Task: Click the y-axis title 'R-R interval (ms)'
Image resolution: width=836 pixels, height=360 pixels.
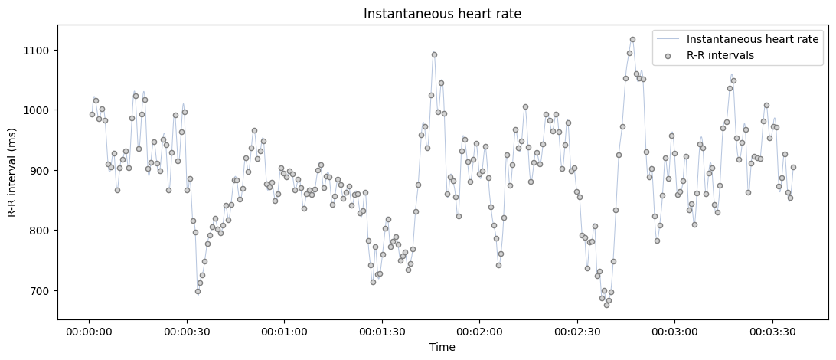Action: tap(13, 172)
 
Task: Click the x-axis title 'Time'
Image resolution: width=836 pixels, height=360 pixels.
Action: tap(442, 347)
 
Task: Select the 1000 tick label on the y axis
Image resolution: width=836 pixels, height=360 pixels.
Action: tap(37, 110)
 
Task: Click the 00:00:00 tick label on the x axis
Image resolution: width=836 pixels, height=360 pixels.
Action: tap(89, 332)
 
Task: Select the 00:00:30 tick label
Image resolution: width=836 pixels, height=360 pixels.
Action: tap(187, 332)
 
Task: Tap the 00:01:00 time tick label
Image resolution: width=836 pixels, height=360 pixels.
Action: tap(284, 332)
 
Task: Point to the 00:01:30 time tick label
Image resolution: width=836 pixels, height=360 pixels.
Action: tap(382, 332)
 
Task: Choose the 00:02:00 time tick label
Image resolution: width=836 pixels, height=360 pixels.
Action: tap(479, 332)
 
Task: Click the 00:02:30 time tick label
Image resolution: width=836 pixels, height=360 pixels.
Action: tap(576, 332)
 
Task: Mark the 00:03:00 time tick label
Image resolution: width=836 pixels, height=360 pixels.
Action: tap(674, 332)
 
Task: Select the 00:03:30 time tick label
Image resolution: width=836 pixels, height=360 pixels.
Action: tap(772, 332)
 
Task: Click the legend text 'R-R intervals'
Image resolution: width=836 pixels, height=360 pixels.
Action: tap(720, 55)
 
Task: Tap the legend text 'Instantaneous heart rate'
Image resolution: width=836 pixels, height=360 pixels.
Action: tap(753, 39)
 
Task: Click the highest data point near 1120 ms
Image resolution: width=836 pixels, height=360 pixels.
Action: tap(632, 39)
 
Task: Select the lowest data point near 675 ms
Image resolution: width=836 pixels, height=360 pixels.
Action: tap(606, 305)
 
